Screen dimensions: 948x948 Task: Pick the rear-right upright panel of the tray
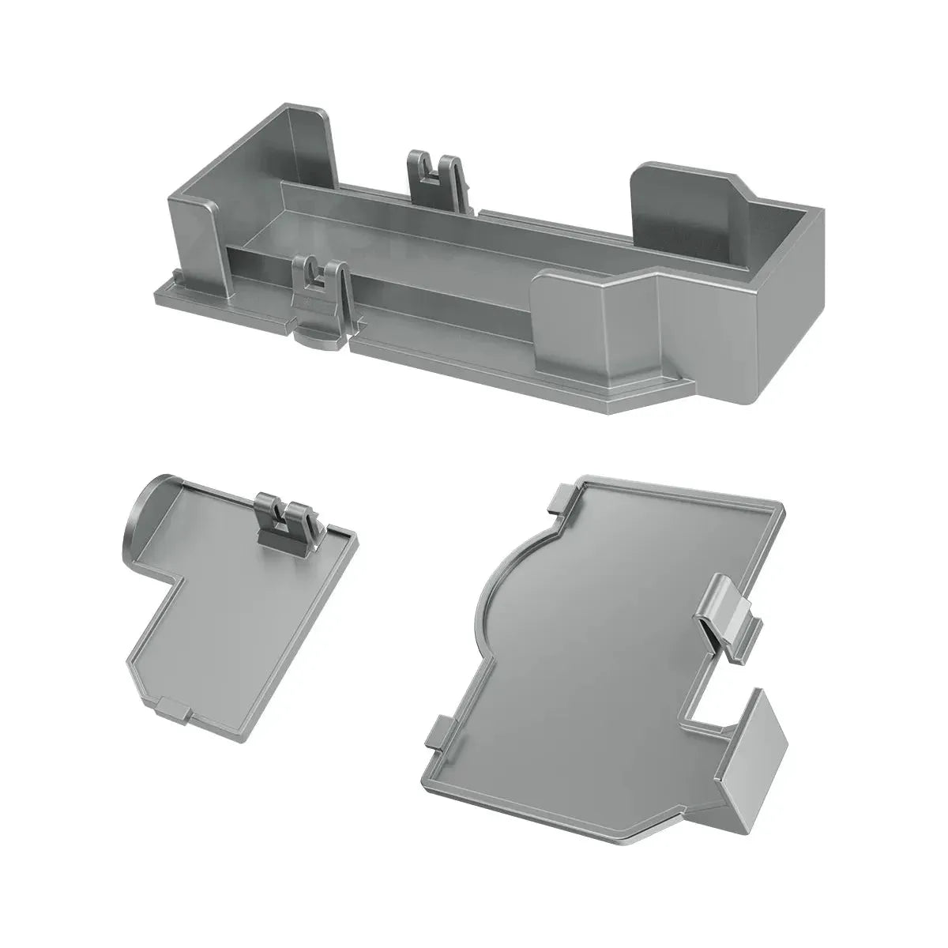point(679,201)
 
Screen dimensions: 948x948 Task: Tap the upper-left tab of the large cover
point(562,499)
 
